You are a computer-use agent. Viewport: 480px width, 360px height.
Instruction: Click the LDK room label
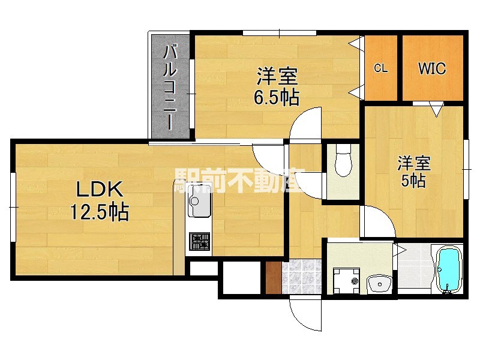pyautogui.click(x=100, y=189)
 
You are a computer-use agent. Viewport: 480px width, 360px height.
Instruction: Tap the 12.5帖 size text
pyautogui.click(x=100, y=212)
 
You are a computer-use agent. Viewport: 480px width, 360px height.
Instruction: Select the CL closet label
pyautogui.click(x=380, y=68)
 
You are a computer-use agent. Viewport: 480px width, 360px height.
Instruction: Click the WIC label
pyautogui.click(x=432, y=68)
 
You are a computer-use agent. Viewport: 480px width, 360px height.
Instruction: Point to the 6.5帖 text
pyautogui.click(x=277, y=97)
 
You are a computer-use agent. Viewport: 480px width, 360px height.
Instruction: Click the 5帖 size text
pyautogui.click(x=413, y=181)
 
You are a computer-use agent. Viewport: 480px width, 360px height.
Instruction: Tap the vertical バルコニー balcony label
pyautogui.click(x=170, y=87)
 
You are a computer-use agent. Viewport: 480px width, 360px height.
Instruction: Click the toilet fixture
pyautogui.click(x=343, y=160)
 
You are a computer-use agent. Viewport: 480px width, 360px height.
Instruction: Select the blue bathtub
pyautogui.click(x=449, y=269)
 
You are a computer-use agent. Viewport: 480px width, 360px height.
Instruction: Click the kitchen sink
pyautogui.click(x=199, y=201)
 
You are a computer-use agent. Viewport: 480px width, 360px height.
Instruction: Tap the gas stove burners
pyautogui.click(x=199, y=241)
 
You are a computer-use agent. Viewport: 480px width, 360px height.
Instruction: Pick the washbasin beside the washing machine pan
pyautogui.click(x=380, y=284)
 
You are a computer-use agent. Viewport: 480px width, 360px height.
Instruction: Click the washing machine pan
pyautogui.click(x=346, y=280)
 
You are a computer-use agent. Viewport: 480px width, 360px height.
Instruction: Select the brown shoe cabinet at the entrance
pyautogui.click(x=274, y=278)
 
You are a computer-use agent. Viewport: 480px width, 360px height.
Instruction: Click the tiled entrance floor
pyautogui.click(x=302, y=277)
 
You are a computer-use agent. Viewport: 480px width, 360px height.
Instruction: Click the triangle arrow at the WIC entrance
pyautogui.click(x=436, y=109)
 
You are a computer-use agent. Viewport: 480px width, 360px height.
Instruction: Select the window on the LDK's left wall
pyautogui.click(x=13, y=207)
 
